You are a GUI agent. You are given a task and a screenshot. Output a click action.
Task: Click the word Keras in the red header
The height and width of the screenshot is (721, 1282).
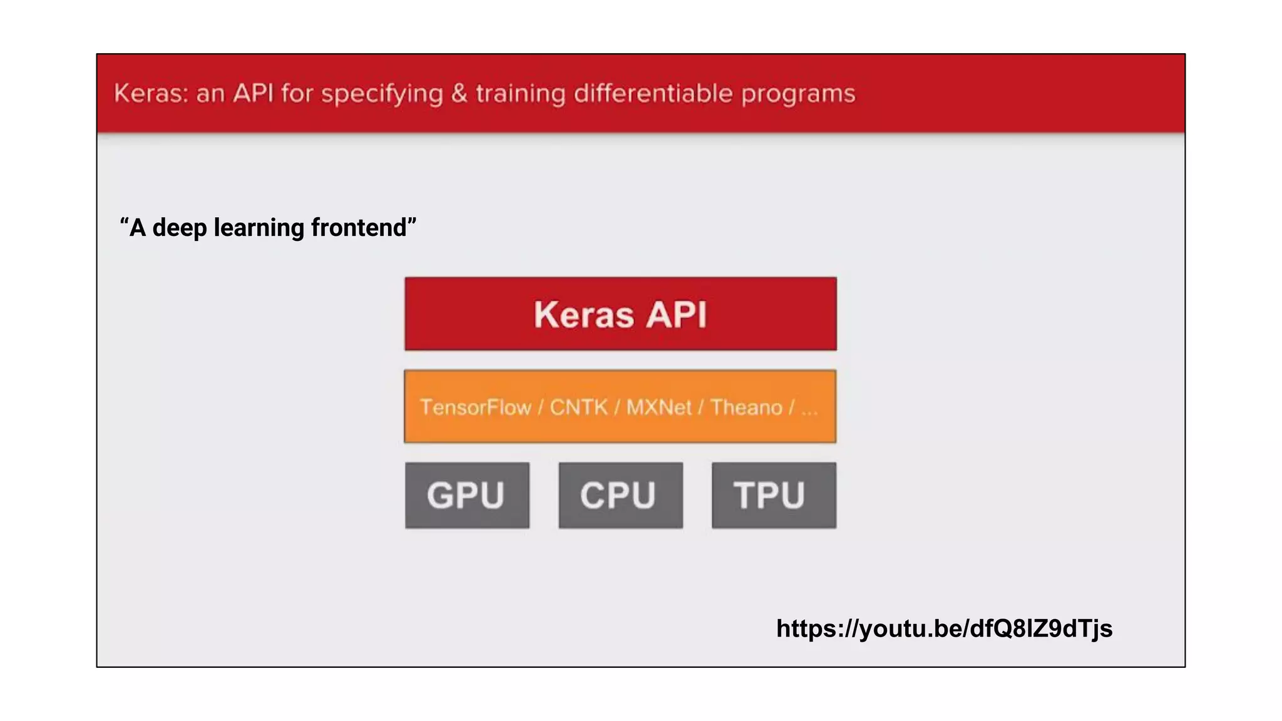(x=150, y=93)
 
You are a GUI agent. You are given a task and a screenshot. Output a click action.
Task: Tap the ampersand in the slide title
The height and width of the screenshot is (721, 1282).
(x=459, y=93)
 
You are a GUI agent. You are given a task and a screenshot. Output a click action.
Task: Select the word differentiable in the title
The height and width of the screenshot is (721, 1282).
(x=653, y=93)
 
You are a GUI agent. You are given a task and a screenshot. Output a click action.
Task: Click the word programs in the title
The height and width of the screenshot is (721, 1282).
(x=798, y=95)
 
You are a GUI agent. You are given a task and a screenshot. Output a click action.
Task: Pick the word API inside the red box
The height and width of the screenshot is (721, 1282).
(x=677, y=314)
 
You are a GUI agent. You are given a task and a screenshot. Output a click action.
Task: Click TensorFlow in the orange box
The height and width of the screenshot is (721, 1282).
(x=475, y=407)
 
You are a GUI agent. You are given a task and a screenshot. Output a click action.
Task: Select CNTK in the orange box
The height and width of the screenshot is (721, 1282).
(x=578, y=407)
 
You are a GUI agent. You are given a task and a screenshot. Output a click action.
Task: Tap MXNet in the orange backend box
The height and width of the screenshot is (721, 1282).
(x=659, y=407)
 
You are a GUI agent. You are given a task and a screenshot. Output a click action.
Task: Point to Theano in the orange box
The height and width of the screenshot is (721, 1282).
(x=746, y=407)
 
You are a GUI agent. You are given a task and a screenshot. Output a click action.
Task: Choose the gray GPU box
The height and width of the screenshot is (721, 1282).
(x=467, y=495)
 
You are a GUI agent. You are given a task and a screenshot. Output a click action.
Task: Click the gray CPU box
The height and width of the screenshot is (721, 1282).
(x=620, y=495)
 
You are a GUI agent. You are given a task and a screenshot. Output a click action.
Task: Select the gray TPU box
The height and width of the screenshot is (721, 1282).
(x=774, y=495)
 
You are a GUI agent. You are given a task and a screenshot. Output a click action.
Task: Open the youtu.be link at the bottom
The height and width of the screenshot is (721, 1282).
(x=944, y=628)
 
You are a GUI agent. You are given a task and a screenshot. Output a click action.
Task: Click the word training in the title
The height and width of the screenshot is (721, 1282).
(x=521, y=94)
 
